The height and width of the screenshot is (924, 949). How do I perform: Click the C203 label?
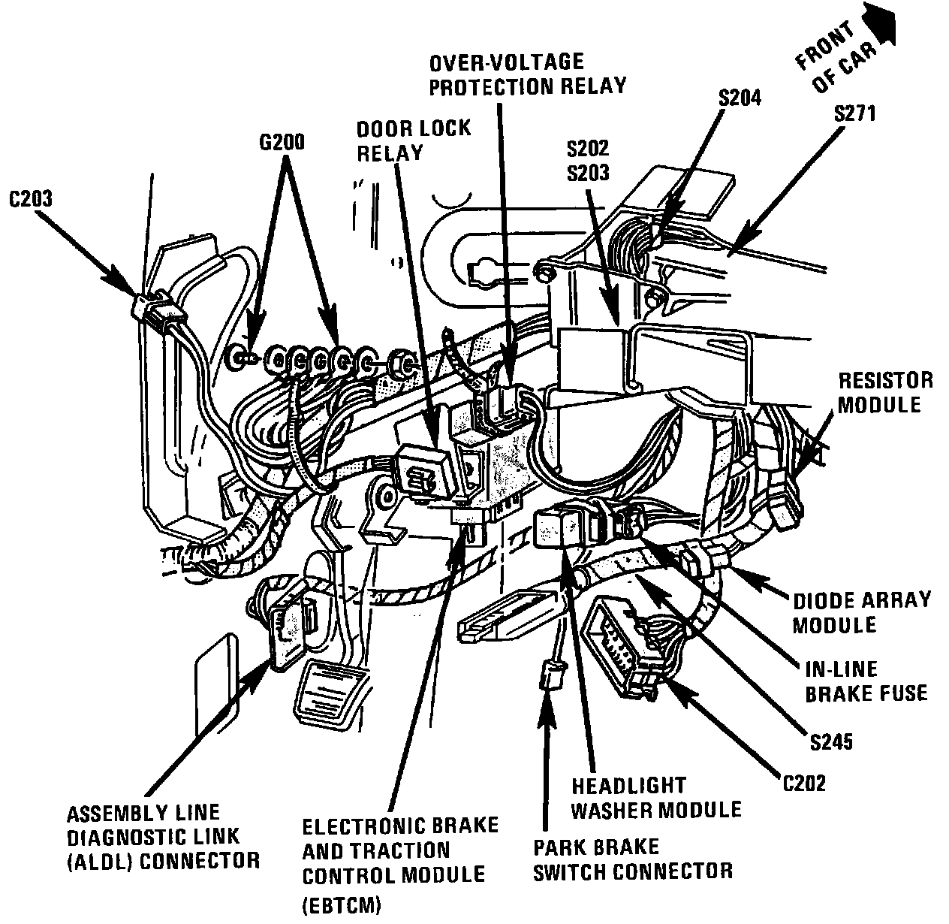tap(31, 200)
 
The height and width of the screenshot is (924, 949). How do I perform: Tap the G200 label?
tap(282, 142)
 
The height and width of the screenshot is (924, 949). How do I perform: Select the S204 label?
tap(739, 97)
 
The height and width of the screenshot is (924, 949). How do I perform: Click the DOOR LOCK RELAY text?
tap(414, 140)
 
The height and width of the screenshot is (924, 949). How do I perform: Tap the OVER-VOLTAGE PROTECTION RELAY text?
tap(526, 73)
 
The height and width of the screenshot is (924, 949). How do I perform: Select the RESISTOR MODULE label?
tap(885, 391)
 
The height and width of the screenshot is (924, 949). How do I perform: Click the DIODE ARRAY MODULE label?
tap(861, 611)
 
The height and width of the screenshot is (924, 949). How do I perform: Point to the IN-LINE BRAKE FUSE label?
tap(866, 681)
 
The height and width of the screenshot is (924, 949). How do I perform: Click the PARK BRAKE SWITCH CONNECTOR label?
tap(632, 859)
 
